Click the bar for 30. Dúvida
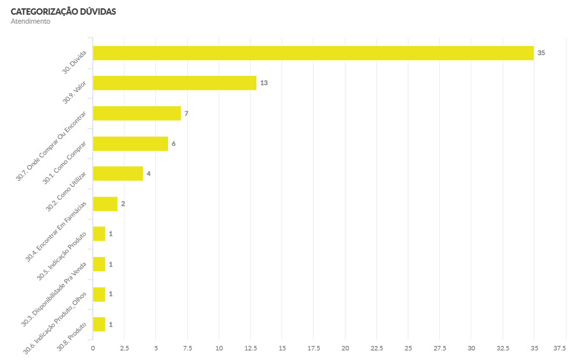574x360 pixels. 313,53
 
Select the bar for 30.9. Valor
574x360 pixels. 175,83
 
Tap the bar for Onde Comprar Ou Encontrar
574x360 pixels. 137,113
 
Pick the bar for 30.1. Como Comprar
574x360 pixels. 130,143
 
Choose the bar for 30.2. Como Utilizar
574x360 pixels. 118,173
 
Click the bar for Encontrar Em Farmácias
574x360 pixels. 105,204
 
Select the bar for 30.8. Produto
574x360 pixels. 99,324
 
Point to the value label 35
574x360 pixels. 541,53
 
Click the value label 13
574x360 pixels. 263,83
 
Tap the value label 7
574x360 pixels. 186,113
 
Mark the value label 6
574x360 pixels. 173,143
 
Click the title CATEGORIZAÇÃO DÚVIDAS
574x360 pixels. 63,12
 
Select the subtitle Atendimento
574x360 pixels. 30,22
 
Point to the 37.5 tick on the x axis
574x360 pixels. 559,348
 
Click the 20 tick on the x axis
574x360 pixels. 345,348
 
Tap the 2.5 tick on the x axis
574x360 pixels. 124,348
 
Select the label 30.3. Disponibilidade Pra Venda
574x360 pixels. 56,293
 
